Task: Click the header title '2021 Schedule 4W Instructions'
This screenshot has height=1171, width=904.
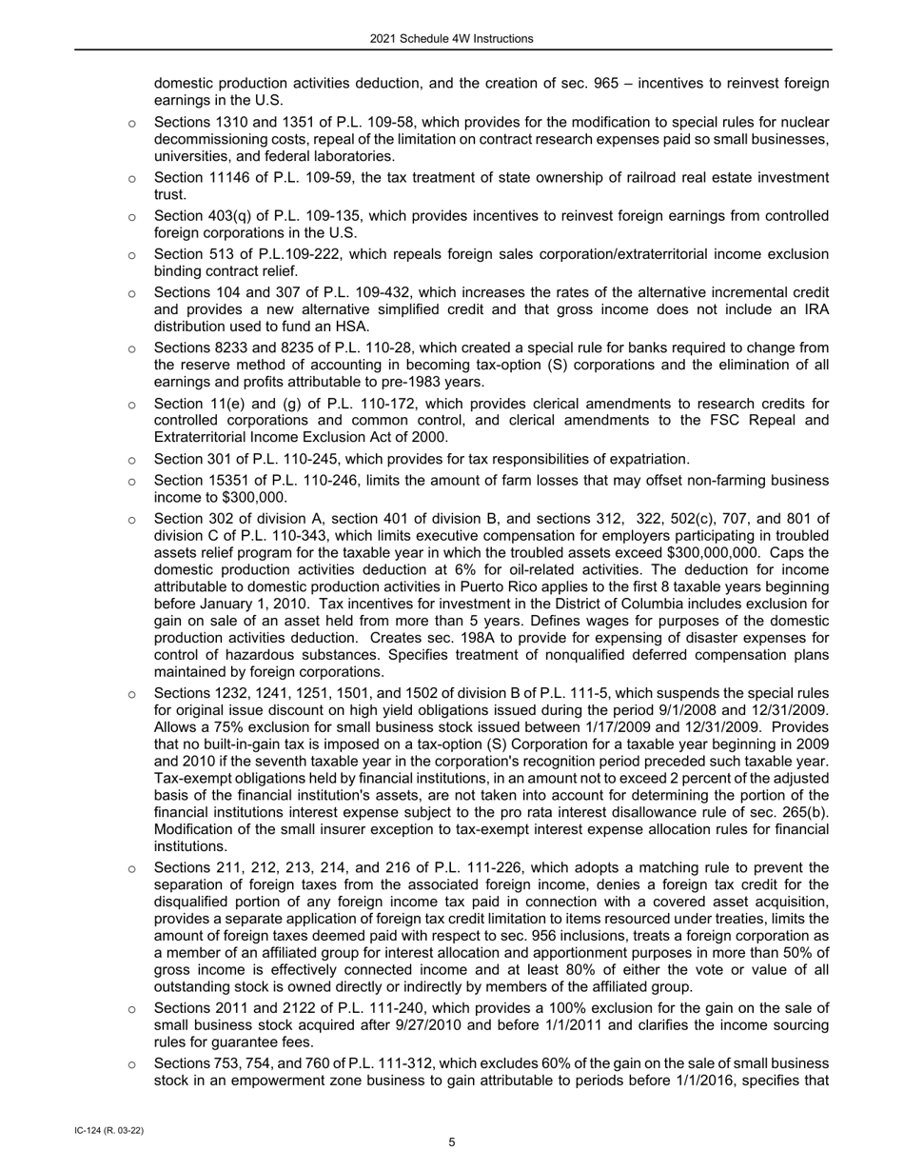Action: (x=452, y=39)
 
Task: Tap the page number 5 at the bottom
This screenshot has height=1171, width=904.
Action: (x=452, y=1142)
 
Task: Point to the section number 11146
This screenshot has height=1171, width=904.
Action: (x=233, y=178)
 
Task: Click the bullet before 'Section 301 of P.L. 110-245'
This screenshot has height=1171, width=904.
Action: (x=131, y=460)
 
